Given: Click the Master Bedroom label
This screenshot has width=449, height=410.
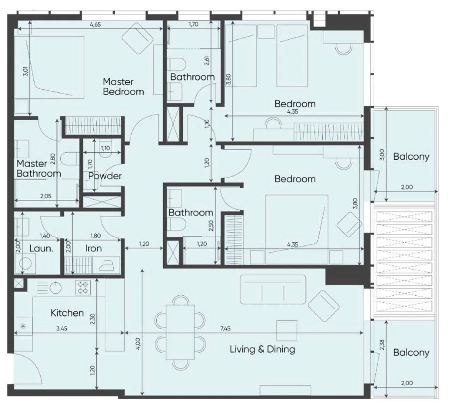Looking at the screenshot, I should click(123, 86).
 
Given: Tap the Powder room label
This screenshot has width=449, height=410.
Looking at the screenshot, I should click(105, 176).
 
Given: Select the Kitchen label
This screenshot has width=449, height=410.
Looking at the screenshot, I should click(67, 313).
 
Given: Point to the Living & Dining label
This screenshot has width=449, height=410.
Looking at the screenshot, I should click(262, 349).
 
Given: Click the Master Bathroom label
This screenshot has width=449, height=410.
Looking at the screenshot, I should click(38, 169).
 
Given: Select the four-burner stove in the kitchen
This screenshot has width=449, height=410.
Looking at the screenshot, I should click(82, 288).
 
